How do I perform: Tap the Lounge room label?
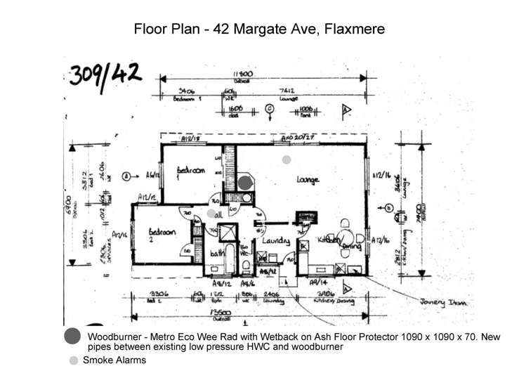[308, 180]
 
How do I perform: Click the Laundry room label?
[276, 241]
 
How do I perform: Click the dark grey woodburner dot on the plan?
[244, 182]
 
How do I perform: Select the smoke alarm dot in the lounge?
[286, 160]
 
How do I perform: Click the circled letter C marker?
[269, 108]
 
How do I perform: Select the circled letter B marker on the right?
[388, 207]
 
